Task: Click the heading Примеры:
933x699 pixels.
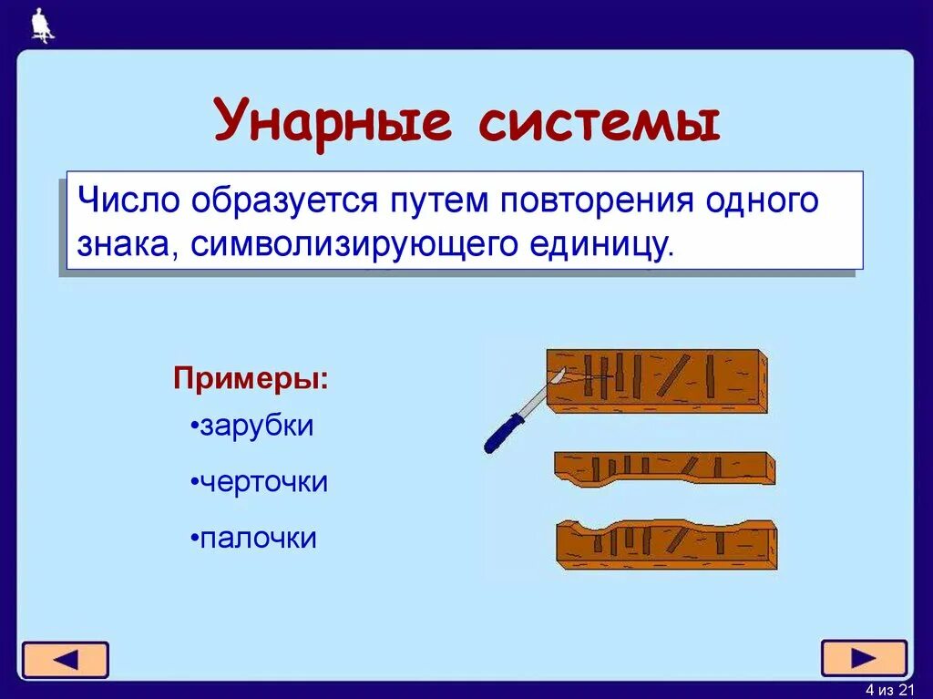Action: coord(251,377)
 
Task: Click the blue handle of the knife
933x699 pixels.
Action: coord(503,431)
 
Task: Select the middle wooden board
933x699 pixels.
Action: coord(665,468)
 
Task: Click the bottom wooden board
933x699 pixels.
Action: coord(665,545)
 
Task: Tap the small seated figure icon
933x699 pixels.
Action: coord(42,26)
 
